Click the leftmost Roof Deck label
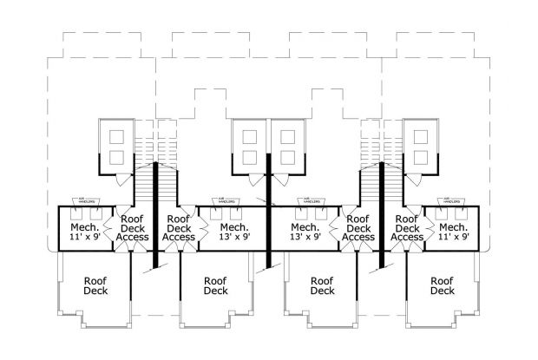click(95, 285)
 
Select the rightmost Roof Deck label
click(443, 285)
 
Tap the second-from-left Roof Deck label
click(214, 285)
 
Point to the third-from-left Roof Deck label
click(322, 285)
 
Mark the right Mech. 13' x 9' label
click(305, 231)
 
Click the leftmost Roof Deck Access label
click(133, 229)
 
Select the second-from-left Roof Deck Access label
click(179, 229)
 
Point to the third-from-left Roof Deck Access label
click(358, 229)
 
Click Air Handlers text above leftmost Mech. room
click(84, 200)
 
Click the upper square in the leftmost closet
click(115, 136)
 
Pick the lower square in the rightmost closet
click(422, 158)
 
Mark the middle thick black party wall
click(269, 208)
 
